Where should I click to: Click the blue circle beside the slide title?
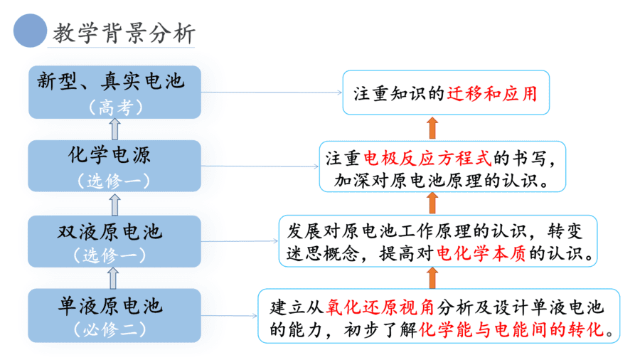tap(30, 31)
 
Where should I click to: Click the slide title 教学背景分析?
tap(124, 33)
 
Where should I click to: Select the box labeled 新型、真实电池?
tap(114, 92)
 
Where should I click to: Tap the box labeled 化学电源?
tap(114, 166)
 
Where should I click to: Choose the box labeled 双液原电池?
tap(114, 241)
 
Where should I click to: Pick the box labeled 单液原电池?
tap(114, 315)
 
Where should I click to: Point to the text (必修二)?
tap(110, 329)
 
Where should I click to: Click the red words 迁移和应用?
tap(492, 93)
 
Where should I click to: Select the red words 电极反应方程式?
tap(427, 158)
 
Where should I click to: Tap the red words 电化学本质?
tap(481, 253)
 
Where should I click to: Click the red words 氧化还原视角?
tap(380, 307)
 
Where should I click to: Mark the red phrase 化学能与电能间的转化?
tap(511, 329)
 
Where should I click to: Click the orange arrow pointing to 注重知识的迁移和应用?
tap(432, 128)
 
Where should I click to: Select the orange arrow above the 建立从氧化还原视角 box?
tap(432, 278)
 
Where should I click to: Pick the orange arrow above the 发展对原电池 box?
tap(432, 203)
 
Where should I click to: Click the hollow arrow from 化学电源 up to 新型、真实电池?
tap(115, 129)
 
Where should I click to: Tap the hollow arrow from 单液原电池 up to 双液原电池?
tap(113, 278)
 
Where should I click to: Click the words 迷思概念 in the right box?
tap(323, 253)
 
